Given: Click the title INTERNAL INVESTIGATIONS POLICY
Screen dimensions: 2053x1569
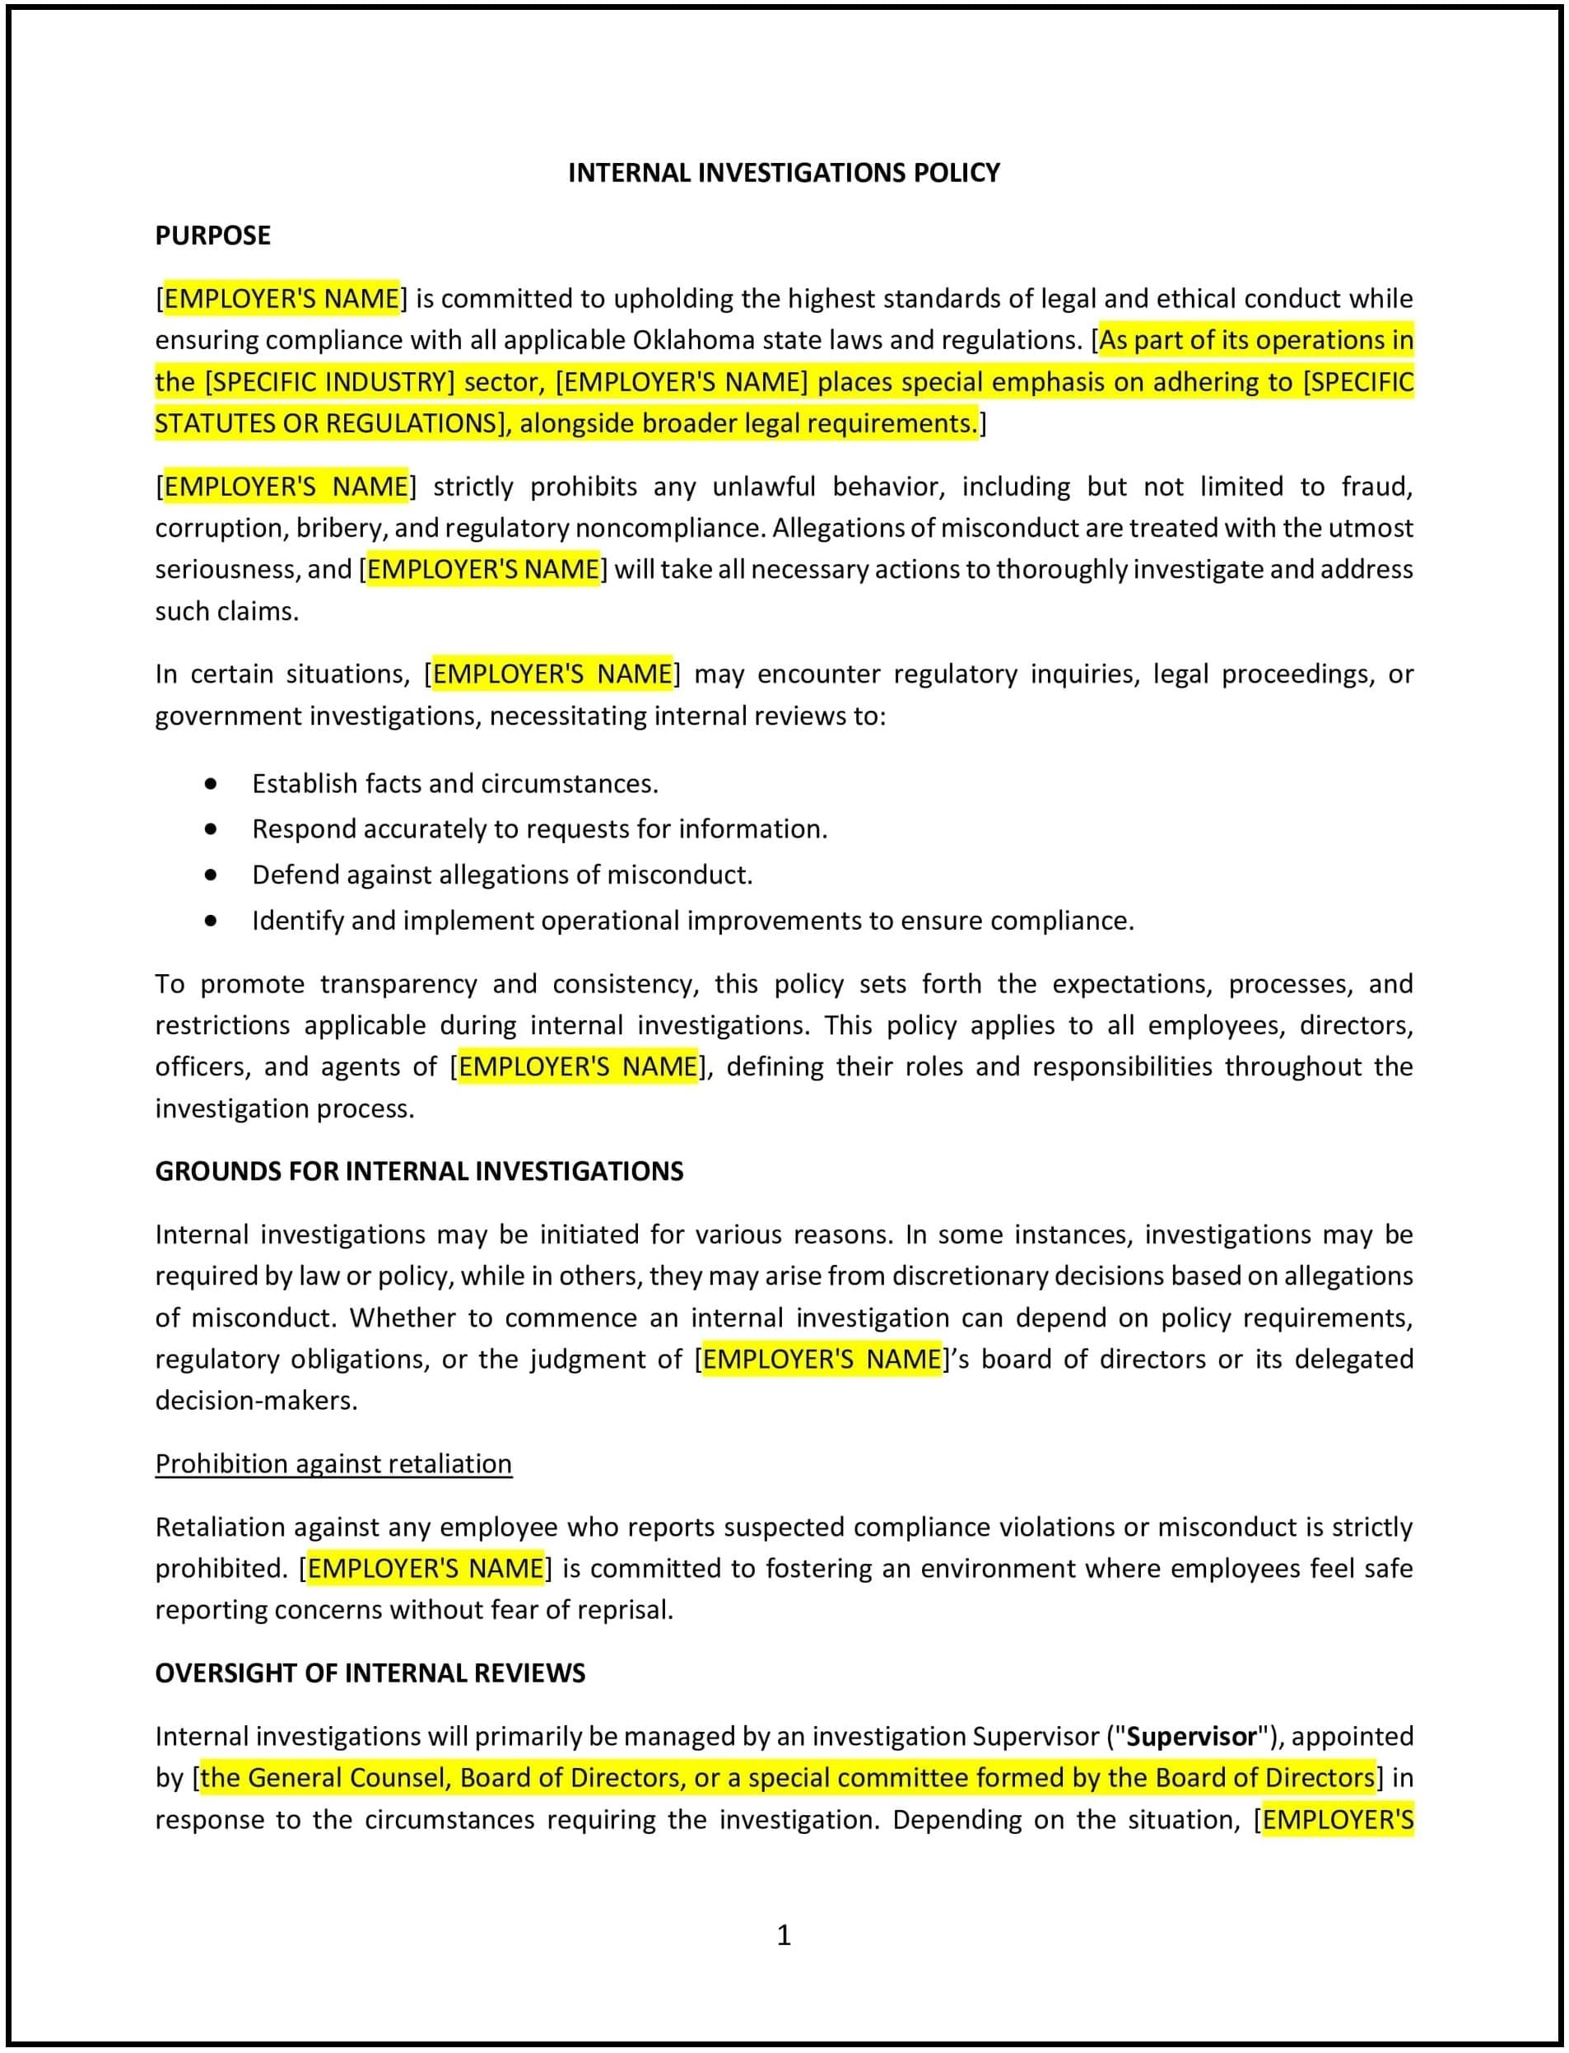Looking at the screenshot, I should click(784, 173).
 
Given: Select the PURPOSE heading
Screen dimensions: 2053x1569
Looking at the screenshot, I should click(212, 236).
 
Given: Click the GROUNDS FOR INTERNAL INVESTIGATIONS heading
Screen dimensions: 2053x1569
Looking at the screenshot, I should click(418, 1171).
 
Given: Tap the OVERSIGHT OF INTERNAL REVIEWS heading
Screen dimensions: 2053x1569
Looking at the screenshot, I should click(370, 1673).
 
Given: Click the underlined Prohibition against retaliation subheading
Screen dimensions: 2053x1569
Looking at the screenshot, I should click(333, 1463).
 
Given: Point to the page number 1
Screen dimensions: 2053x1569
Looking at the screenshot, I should click(784, 1935).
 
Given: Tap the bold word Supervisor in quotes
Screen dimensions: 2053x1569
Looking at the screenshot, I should click(1191, 1737).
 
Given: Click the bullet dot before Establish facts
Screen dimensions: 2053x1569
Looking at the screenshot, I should click(211, 784).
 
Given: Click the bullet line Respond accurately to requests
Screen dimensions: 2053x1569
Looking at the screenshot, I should click(539, 829).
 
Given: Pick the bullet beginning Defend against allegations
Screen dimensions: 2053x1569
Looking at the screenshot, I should click(501, 875).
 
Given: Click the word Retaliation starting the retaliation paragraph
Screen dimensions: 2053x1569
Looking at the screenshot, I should click(220, 1527).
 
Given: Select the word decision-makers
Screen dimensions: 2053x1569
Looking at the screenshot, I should click(256, 1401).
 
